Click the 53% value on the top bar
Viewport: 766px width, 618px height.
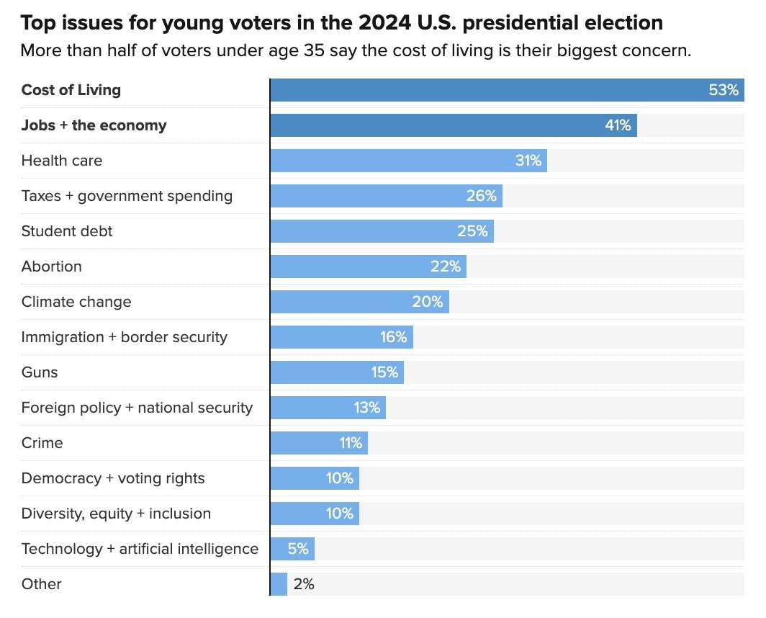tap(724, 90)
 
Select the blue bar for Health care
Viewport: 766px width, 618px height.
tap(408, 161)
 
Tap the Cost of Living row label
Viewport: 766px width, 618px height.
tap(71, 90)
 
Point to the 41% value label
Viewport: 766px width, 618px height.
tap(618, 125)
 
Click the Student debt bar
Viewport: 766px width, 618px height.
tap(382, 231)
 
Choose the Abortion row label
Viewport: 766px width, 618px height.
tap(52, 267)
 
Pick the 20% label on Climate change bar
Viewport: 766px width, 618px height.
tap(428, 302)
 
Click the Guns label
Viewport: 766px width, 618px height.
tap(40, 372)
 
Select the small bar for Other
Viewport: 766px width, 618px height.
tap(279, 584)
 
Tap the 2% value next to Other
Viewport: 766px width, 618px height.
tap(304, 584)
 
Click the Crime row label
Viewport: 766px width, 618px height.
tap(42, 443)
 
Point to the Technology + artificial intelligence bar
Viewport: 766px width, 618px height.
tap(292, 549)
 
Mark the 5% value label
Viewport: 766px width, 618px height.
tap(298, 549)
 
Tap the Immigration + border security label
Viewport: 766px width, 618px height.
tap(125, 337)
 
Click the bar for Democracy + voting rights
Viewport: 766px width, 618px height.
tap(315, 478)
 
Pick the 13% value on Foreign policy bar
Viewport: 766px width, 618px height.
tap(366, 408)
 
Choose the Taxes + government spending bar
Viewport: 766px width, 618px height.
tap(386, 196)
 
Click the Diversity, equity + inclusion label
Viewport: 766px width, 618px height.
tap(117, 514)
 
